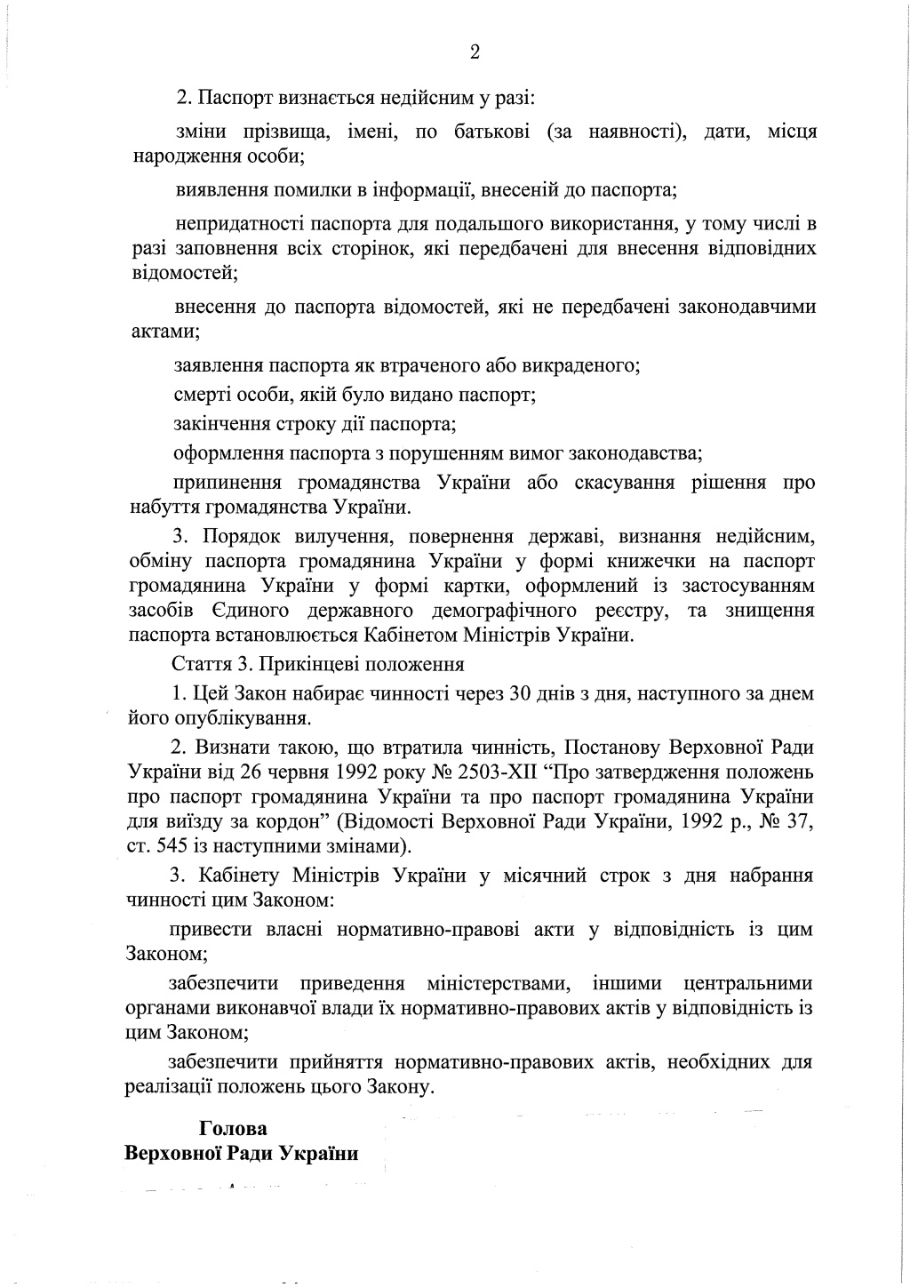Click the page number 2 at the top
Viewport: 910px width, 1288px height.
(x=475, y=52)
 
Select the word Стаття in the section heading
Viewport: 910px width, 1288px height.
(x=199, y=664)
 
